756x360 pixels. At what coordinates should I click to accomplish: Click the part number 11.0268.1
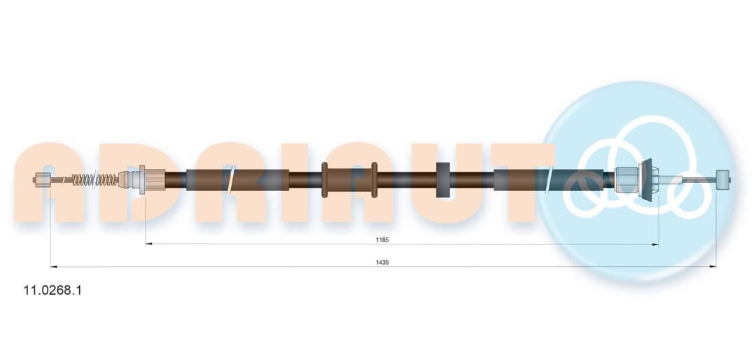[53, 291]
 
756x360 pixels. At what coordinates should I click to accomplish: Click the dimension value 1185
[383, 240]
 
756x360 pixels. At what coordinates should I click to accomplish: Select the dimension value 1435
[383, 262]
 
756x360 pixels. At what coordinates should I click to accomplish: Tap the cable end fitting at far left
[43, 180]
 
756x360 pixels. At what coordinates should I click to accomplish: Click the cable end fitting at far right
[723, 180]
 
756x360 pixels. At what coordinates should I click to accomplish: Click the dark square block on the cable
[442, 179]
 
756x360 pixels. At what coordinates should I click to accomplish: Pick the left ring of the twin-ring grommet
[325, 179]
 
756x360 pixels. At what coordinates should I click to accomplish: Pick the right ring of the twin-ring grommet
[374, 179]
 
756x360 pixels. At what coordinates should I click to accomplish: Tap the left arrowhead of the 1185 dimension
[148, 244]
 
